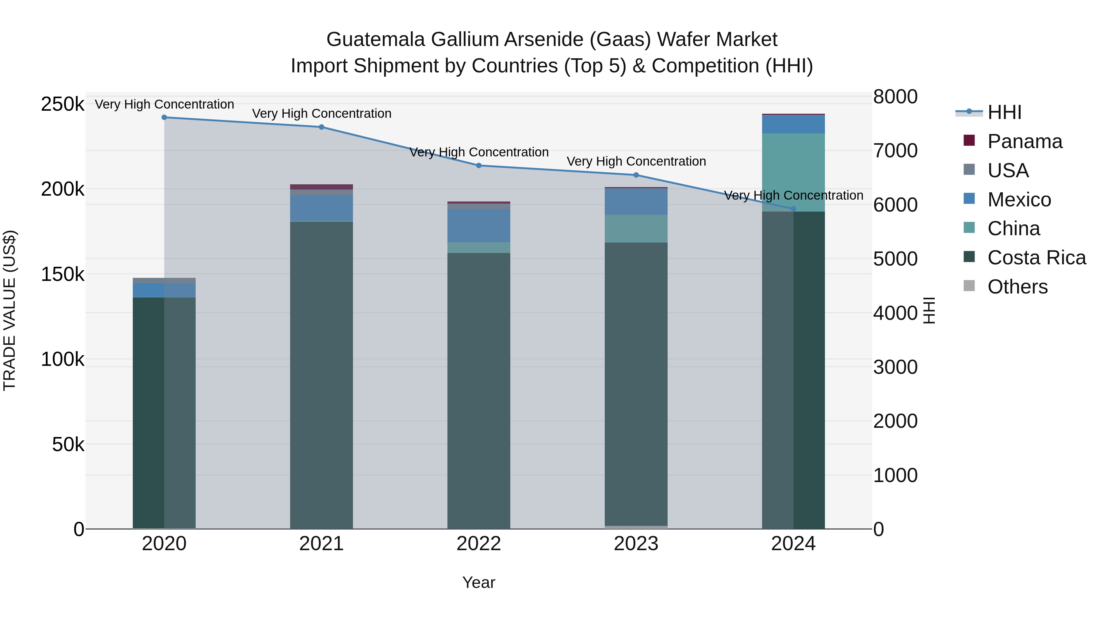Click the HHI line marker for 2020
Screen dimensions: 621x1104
(164, 117)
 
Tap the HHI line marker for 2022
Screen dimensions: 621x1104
(479, 165)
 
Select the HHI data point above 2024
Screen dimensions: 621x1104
(793, 209)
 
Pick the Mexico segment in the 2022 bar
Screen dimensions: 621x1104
(479, 226)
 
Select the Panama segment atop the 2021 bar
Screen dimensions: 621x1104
(321, 187)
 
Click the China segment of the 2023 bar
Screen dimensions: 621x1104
(636, 228)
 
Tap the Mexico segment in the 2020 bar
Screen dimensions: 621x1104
(164, 290)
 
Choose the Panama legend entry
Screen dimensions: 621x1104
(1024, 141)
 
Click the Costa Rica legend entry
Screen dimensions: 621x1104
(1036, 258)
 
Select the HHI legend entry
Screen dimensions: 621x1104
(1004, 112)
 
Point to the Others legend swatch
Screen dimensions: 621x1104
(969, 286)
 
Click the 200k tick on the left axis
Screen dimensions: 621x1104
(63, 189)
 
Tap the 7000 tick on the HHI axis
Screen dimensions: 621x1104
(895, 151)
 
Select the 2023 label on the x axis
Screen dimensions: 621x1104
(636, 544)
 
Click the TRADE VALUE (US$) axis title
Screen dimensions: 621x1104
(10, 310)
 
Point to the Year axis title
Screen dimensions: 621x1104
(479, 582)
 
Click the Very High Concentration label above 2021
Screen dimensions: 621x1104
(321, 113)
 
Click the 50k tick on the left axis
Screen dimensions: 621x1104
(68, 444)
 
